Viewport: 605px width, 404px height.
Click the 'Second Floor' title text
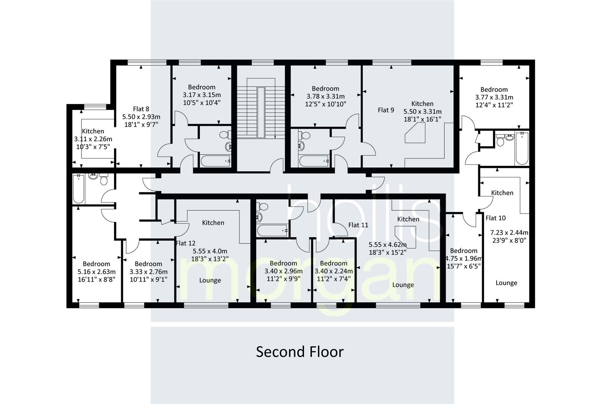(300, 352)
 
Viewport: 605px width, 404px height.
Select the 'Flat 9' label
(386, 110)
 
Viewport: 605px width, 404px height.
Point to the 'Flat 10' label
(496, 218)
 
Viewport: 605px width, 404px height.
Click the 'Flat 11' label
(358, 225)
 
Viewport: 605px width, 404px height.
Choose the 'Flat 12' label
(185, 243)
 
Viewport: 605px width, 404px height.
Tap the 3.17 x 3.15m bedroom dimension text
(202, 95)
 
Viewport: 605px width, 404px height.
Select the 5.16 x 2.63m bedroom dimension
(96, 272)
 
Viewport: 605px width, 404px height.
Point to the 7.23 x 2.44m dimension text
(509, 232)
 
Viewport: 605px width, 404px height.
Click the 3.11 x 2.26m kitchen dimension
(93, 139)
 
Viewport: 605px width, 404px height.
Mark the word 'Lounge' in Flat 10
(506, 283)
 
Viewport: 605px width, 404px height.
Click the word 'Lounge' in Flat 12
(210, 280)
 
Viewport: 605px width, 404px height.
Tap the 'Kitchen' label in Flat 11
(408, 219)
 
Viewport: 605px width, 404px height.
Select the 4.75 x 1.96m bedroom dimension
(464, 258)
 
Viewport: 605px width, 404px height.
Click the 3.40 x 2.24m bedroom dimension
(333, 271)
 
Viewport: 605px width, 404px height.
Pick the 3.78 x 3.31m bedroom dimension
(325, 96)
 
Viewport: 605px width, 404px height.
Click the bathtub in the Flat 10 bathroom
(522, 149)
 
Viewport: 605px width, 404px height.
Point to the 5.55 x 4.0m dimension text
(210, 251)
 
